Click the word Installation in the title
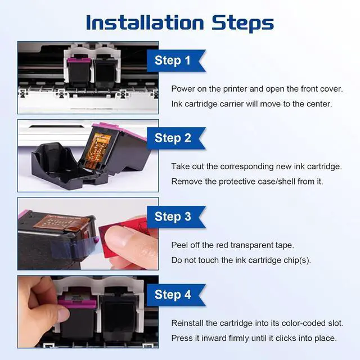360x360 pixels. point(145,22)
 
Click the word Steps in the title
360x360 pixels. point(242,24)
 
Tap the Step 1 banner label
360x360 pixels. point(173,61)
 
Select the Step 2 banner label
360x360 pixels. point(173,138)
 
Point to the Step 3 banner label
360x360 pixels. point(173,217)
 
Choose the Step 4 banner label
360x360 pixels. point(173,295)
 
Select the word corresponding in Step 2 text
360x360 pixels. point(247,166)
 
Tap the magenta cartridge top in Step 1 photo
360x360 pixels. point(79,61)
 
